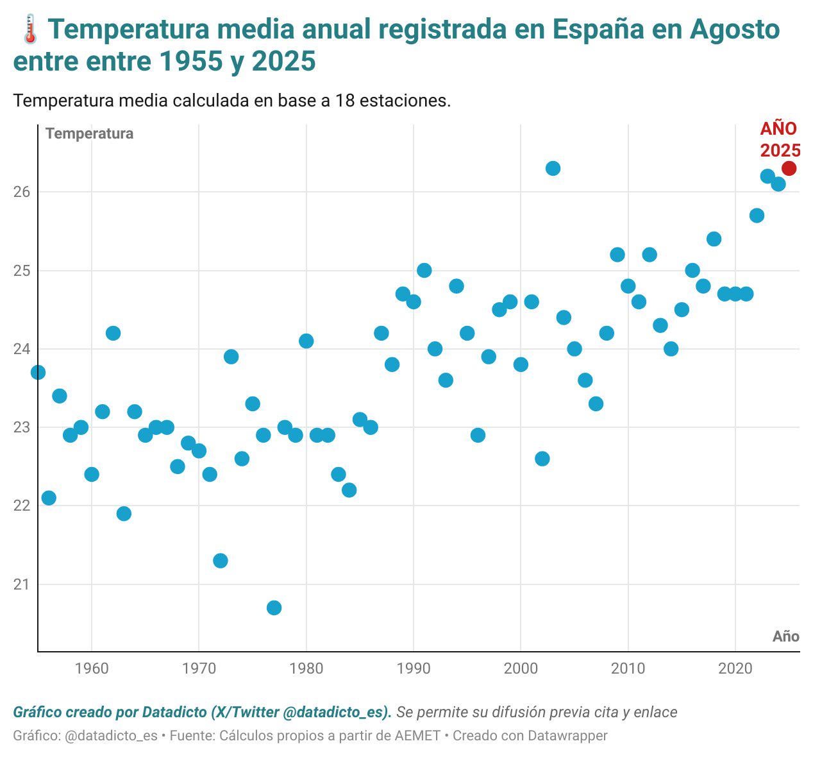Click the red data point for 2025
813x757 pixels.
tap(789, 168)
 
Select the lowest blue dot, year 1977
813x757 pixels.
tap(274, 608)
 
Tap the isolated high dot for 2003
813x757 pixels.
tap(553, 168)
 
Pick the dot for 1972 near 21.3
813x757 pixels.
tap(220, 561)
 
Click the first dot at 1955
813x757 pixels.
tap(38, 372)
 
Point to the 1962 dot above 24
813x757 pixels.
tap(113, 333)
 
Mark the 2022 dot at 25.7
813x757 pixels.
tap(757, 216)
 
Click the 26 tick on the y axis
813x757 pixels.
tap(21, 192)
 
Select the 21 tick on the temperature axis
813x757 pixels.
tap(21, 584)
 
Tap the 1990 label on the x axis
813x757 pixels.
tap(414, 669)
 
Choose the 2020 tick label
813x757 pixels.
tap(735, 669)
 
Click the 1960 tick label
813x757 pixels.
tap(92, 669)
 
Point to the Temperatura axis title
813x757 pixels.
tap(90, 133)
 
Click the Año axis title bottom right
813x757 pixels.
tap(785, 636)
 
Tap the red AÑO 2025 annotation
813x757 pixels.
tap(780, 139)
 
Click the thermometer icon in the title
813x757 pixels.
tap(29, 30)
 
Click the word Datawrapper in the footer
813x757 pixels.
tap(567, 735)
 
